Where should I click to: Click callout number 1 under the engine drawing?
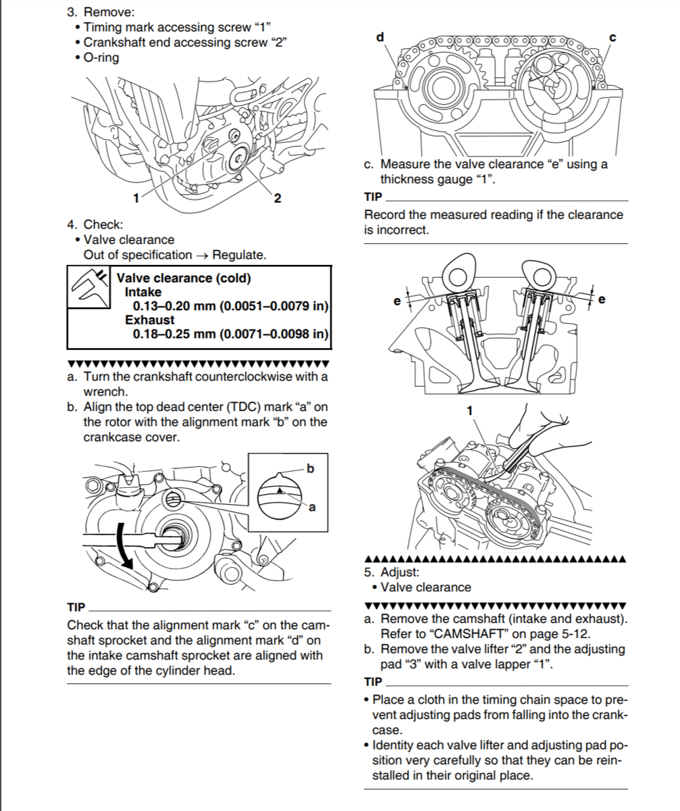point(136,198)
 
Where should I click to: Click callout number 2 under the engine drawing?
point(277,198)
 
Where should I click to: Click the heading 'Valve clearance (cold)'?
point(184,278)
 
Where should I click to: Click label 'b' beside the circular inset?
point(310,468)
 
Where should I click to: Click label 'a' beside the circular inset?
point(313,508)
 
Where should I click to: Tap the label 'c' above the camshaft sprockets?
point(612,37)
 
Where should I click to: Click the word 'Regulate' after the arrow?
point(239,255)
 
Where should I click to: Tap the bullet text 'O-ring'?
point(101,57)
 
